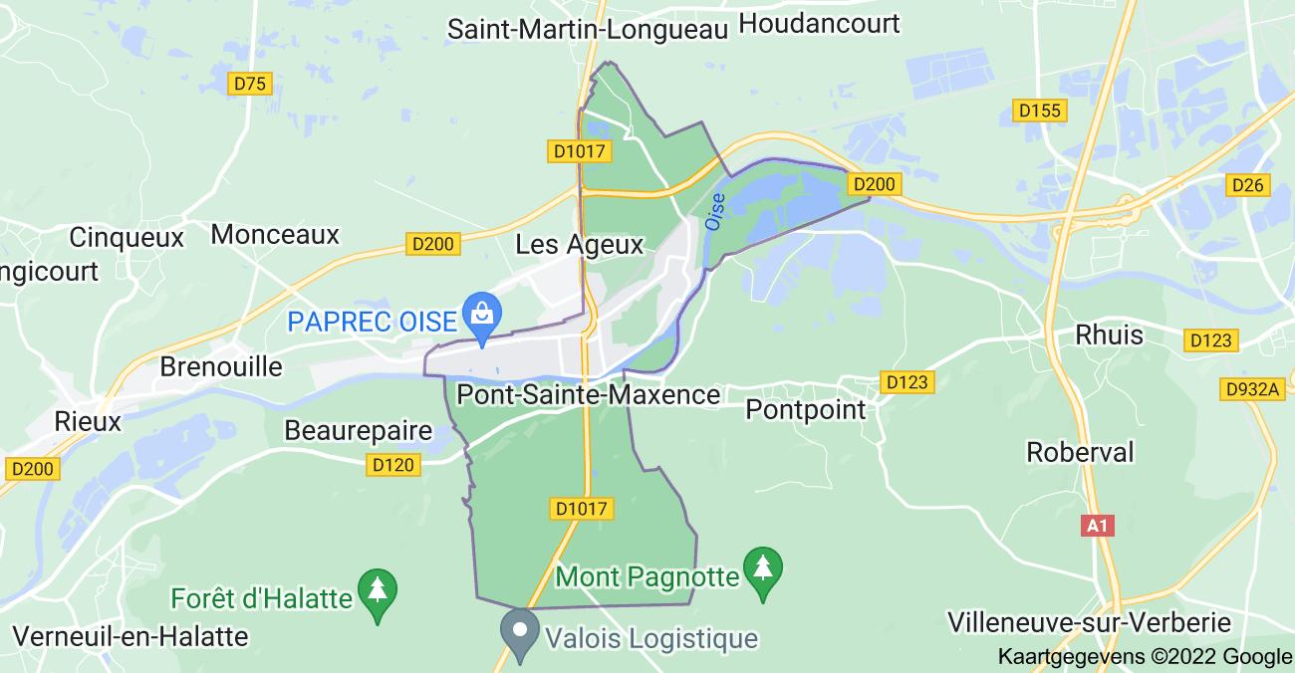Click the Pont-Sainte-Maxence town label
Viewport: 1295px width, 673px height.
588,395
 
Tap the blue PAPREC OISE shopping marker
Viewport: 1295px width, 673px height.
481,311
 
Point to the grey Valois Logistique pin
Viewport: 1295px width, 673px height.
519,631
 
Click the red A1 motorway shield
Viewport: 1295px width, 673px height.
1098,525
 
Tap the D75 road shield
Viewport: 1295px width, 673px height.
250,84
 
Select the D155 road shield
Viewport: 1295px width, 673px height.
1040,111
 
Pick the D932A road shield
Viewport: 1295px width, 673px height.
1253,389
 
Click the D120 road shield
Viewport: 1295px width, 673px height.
393,464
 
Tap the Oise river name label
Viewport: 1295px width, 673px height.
715,211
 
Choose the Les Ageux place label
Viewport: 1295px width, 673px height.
579,244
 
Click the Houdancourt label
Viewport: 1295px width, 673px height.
821,23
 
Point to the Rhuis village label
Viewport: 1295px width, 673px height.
1109,334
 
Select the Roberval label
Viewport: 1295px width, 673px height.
1080,452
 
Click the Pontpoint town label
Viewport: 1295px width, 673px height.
805,409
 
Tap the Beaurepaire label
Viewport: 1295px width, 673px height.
359,431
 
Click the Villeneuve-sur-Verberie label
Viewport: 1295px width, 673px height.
1090,623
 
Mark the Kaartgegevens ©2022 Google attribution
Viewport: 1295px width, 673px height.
1145,656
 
